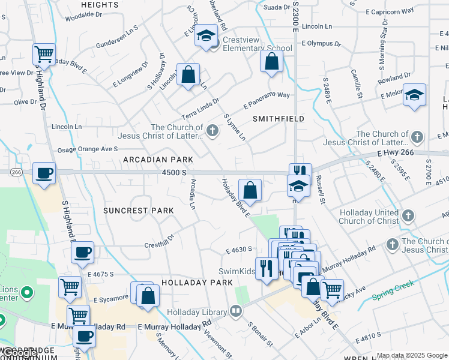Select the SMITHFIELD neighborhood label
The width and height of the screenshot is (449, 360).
coord(278,119)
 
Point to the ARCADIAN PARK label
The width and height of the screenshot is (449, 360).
coord(158,160)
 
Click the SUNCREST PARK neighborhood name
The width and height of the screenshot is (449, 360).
coord(138,211)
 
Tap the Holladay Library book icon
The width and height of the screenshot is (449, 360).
coord(235,311)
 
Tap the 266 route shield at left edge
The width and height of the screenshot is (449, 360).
coord(16,172)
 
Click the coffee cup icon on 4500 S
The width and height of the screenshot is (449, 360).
coord(44,173)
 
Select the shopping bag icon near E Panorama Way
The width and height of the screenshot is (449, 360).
coord(271,61)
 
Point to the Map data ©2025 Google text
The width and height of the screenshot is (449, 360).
coord(411,355)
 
